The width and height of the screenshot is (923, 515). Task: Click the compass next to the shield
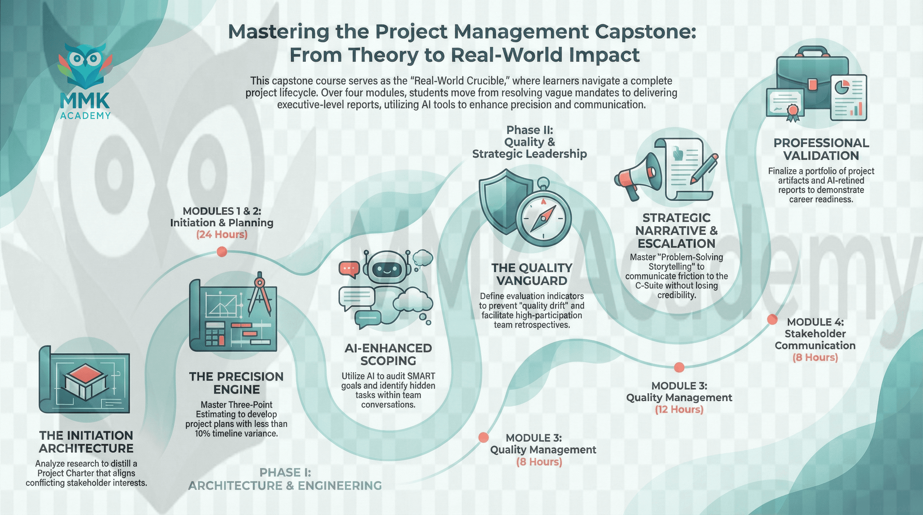(544, 217)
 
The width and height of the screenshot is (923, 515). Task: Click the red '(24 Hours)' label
(222, 235)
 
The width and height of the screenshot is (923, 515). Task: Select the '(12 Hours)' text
(679, 409)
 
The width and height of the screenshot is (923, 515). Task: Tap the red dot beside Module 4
(772, 320)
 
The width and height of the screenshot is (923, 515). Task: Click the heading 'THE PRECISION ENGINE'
(236, 383)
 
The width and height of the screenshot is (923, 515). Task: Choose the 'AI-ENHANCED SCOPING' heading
(388, 354)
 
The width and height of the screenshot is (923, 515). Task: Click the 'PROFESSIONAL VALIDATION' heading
(821, 149)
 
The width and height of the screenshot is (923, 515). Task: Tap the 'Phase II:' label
(529, 130)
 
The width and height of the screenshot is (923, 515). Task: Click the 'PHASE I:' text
(285, 473)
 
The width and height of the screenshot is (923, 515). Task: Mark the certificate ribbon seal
(792, 111)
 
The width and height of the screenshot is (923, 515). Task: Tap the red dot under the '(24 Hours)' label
(222, 252)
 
